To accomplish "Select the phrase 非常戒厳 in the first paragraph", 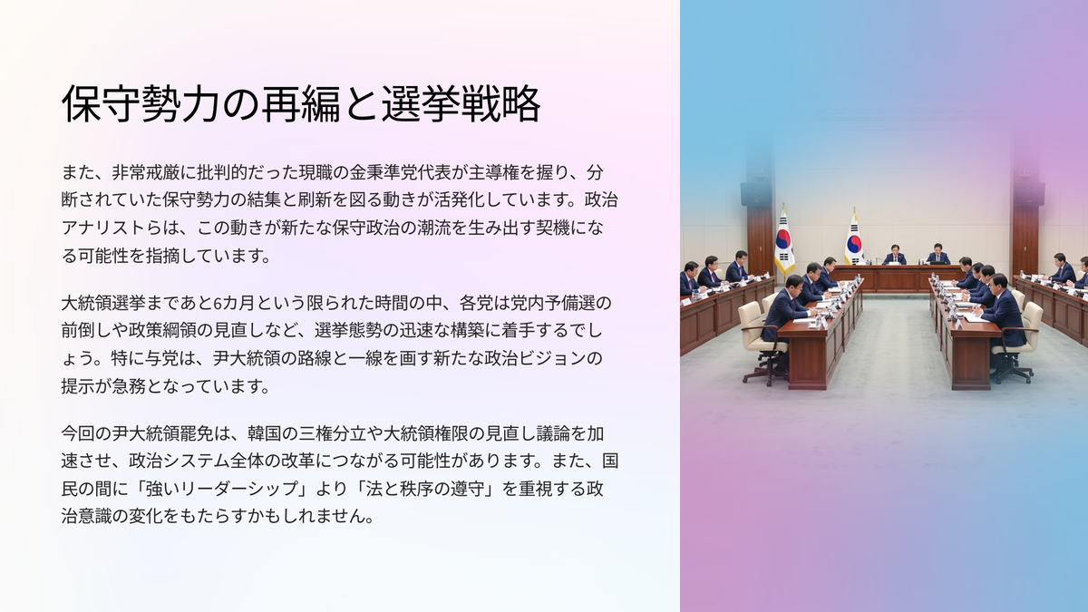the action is click(146, 172).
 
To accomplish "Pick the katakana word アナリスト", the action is click(103, 228).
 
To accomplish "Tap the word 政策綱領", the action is click(162, 331).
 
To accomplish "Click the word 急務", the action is click(129, 386).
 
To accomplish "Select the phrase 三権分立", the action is click(333, 433).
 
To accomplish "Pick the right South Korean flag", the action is click(853, 238).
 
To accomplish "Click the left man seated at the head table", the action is click(895, 255).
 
